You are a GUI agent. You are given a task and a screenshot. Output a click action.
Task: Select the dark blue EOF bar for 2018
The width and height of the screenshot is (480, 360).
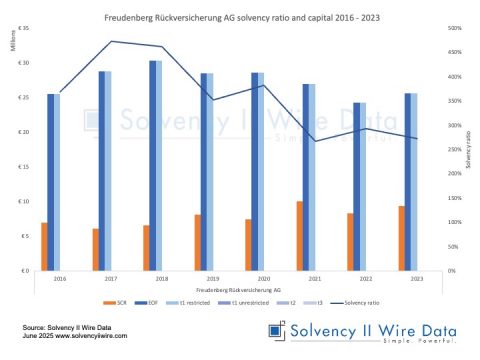coord(152,165)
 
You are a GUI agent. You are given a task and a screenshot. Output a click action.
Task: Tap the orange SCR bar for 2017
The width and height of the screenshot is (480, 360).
coord(96,250)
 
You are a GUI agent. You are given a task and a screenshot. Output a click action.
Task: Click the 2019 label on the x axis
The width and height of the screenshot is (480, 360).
coord(210,278)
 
